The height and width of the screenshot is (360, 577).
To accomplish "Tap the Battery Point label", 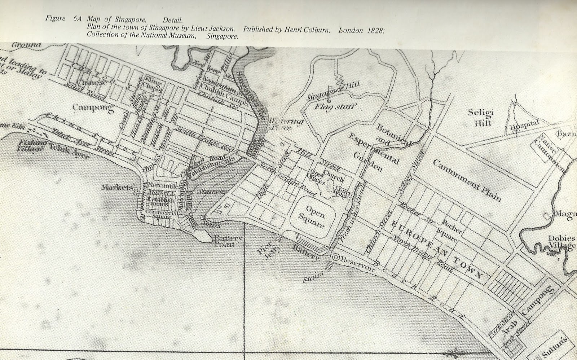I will coord(224,241).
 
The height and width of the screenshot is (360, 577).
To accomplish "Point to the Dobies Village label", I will coord(560,242).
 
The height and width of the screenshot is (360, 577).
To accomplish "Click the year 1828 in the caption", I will coord(375,30).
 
